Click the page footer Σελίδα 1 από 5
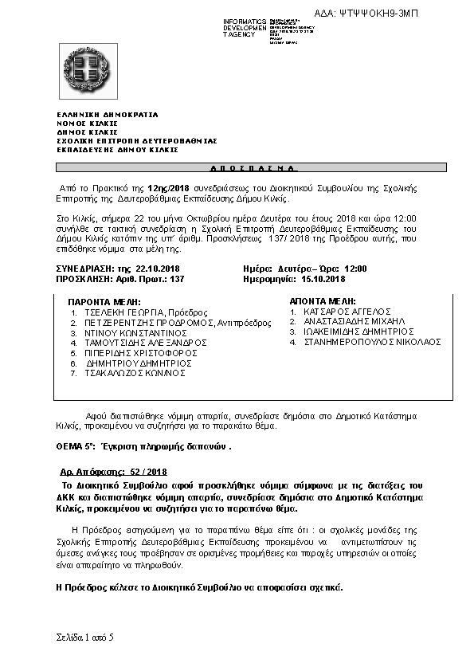(85, 638)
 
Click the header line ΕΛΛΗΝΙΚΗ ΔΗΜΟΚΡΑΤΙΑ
(107, 114)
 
